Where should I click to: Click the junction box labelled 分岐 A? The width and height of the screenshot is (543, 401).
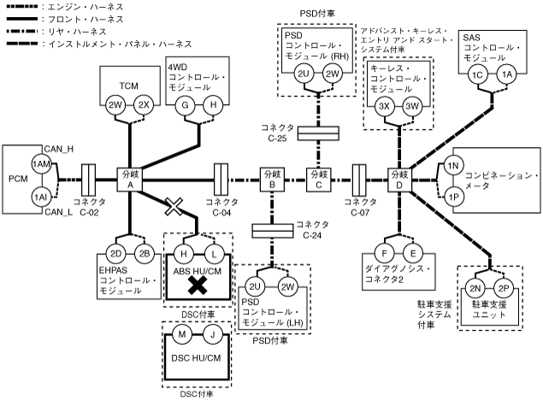coord(129,180)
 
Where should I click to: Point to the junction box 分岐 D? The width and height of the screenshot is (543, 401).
coord(399,180)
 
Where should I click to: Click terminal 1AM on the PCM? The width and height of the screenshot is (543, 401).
coord(39,163)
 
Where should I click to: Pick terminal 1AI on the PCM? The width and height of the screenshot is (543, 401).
coord(39,197)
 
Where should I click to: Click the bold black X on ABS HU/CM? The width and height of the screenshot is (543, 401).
coord(199,286)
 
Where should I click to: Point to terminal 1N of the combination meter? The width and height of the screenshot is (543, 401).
coord(454,164)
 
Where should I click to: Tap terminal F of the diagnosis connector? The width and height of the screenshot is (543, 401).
coord(386,254)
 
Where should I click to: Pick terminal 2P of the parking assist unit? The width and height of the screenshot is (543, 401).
coord(503,289)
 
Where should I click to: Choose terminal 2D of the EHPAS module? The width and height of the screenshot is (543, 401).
coord(115,254)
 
